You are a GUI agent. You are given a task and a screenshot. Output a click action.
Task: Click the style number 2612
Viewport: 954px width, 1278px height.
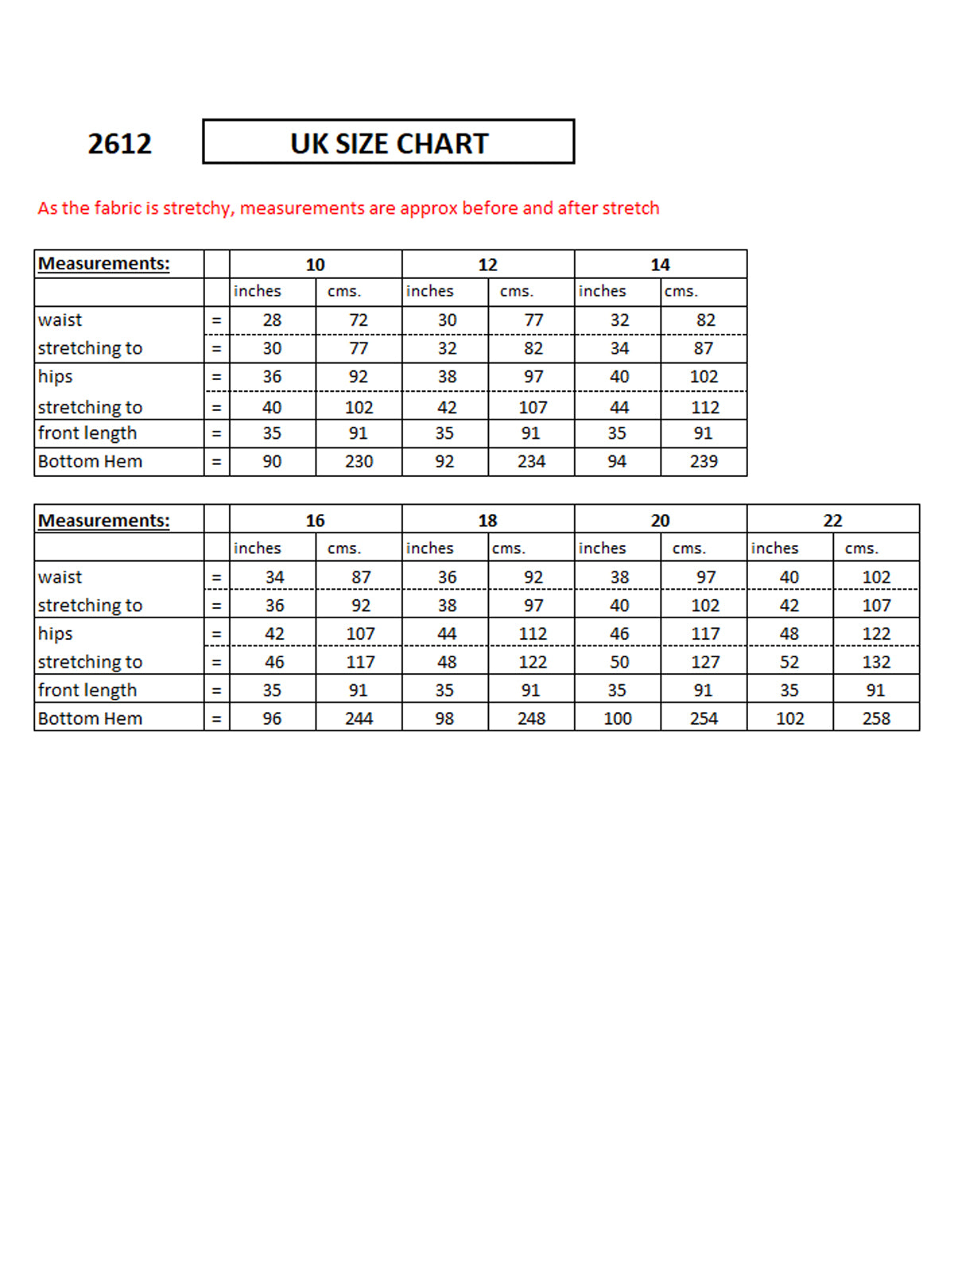click(119, 144)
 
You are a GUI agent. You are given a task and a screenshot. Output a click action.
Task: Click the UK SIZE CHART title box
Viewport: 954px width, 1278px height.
click(389, 143)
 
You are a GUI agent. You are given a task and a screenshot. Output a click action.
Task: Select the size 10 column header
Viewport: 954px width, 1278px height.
click(316, 265)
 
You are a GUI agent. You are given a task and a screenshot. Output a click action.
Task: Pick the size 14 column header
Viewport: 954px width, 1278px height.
click(660, 265)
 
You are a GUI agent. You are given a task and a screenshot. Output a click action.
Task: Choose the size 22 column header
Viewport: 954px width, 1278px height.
click(832, 521)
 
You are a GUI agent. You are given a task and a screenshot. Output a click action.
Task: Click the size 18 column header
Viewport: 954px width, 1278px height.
click(487, 521)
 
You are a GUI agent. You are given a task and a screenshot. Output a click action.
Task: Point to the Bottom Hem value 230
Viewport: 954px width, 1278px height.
click(359, 462)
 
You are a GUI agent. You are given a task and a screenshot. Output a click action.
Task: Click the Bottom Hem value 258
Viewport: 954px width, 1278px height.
click(876, 718)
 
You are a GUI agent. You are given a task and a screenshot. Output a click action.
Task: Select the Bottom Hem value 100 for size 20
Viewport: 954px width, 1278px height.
click(618, 718)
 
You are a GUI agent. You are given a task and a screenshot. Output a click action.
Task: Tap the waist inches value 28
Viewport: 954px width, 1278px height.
click(272, 320)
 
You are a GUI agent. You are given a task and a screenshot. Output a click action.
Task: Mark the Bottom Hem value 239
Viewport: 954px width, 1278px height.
click(704, 462)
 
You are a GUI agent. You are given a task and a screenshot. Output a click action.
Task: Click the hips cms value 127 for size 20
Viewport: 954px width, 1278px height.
click(705, 662)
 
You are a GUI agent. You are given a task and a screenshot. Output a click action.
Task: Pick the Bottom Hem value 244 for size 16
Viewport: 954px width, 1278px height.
click(359, 718)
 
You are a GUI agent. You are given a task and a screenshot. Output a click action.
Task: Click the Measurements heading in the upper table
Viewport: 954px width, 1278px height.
click(104, 264)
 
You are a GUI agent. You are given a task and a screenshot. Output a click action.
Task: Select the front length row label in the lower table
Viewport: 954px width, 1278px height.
click(87, 691)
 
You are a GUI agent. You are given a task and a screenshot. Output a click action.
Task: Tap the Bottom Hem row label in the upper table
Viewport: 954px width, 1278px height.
click(90, 462)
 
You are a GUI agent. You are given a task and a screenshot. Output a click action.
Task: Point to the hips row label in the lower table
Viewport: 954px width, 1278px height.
click(55, 634)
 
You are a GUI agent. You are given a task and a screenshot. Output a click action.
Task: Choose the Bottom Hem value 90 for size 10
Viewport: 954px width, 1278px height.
click(272, 462)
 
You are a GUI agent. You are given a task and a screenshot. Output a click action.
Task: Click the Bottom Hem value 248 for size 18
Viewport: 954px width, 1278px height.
click(531, 718)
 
